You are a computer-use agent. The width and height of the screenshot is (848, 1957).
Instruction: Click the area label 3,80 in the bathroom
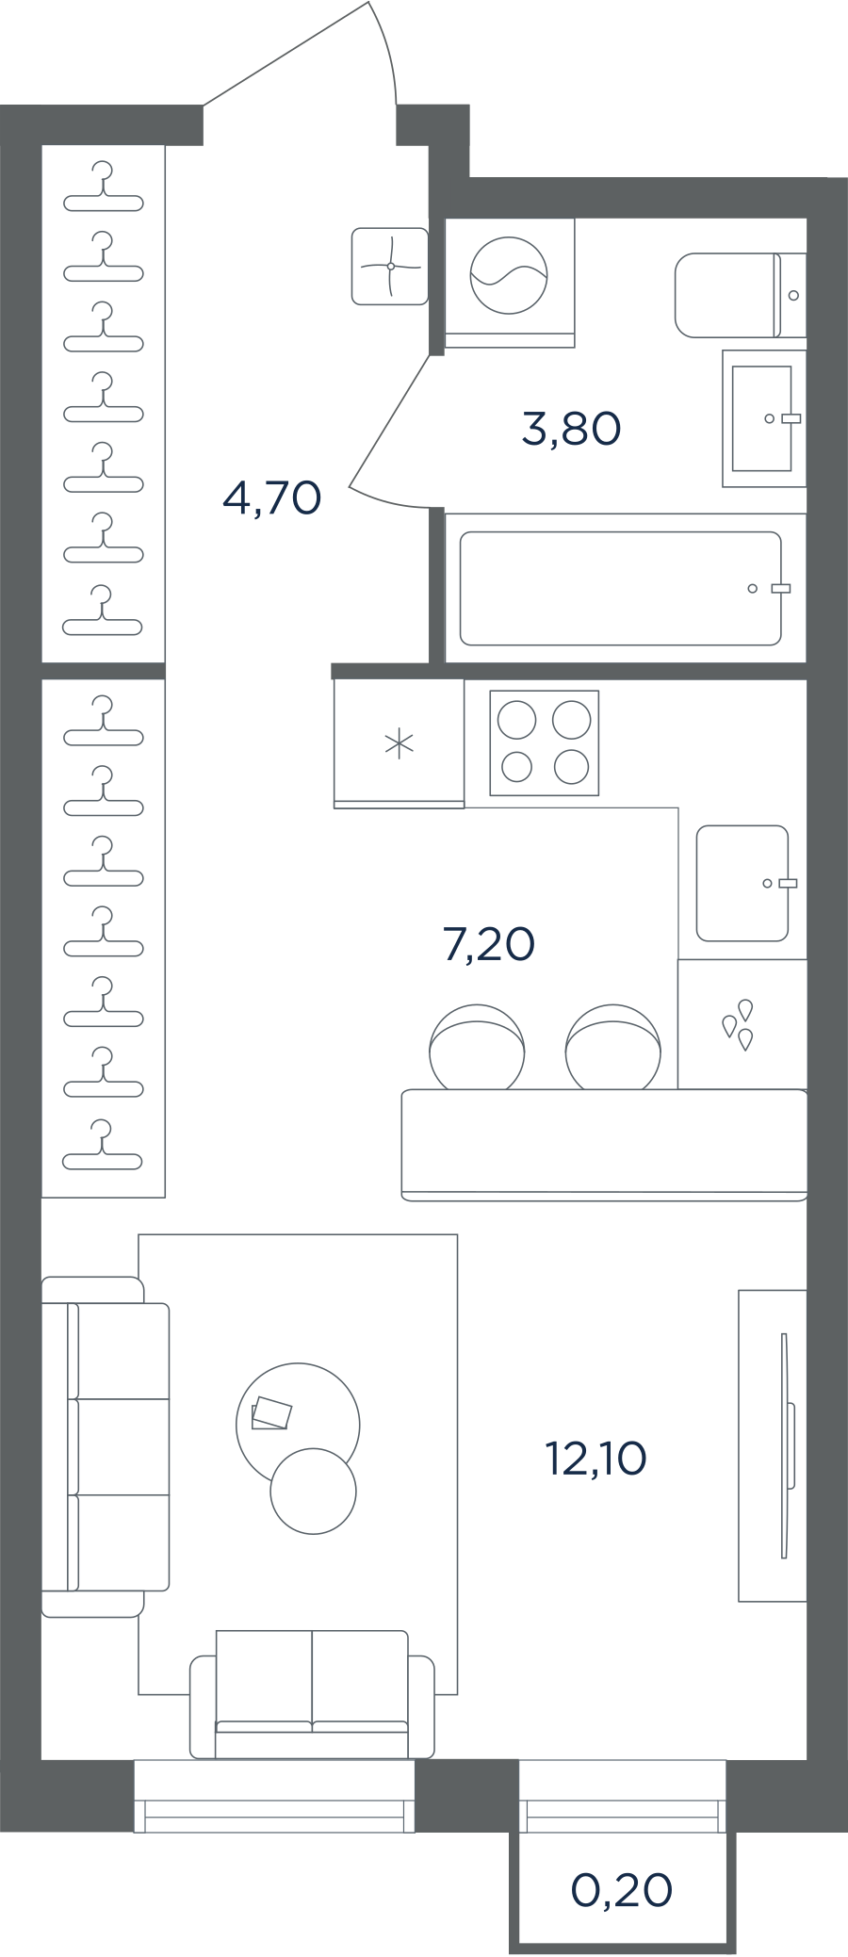(x=571, y=429)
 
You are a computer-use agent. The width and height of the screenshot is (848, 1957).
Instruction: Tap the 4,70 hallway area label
(x=272, y=497)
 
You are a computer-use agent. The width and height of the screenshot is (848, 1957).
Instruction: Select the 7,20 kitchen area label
(x=489, y=944)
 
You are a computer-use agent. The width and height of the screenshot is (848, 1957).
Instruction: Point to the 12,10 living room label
(x=596, y=1459)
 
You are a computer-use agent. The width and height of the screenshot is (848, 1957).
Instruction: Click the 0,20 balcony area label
(x=622, y=1889)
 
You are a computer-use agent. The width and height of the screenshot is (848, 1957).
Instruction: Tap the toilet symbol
(x=741, y=295)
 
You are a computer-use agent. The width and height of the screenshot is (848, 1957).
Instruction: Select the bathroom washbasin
(x=764, y=418)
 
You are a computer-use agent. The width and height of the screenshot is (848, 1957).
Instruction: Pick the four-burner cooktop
(x=545, y=742)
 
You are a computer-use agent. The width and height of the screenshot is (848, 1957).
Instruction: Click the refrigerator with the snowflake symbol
(x=400, y=743)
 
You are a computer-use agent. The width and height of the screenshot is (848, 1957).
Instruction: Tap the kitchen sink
(x=742, y=883)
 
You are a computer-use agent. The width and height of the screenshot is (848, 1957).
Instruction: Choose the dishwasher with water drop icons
(x=742, y=1024)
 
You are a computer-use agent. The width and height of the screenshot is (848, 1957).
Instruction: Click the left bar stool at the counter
(x=477, y=1047)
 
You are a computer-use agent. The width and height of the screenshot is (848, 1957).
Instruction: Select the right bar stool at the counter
(x=613, y=1047)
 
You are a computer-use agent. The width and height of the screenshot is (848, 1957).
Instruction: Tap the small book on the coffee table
(x=271, y=1412)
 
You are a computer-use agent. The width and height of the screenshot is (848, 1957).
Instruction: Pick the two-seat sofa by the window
(x=313, y=1694)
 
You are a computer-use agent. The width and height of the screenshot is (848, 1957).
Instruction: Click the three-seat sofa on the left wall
(x=106, y=1447)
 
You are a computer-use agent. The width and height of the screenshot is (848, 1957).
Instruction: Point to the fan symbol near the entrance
(x=390, y=267)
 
